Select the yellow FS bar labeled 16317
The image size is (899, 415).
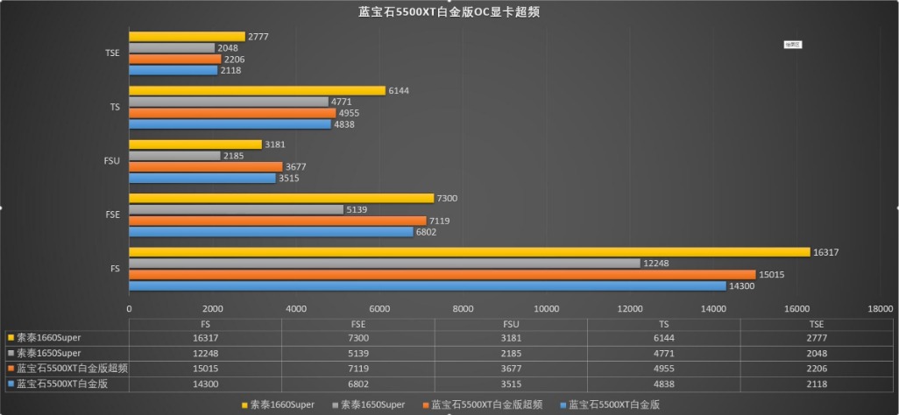(469, 252)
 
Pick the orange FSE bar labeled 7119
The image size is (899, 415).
(277, 221)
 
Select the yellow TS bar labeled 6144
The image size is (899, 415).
(257, 90)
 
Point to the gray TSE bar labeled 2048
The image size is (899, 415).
(172, 47)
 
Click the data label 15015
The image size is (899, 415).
(771, 274)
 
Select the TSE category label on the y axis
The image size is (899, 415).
(113, 53)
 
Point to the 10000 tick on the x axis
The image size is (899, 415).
(547, 308)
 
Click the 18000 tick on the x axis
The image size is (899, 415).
(880, 308)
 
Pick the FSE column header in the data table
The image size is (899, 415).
(357, 323)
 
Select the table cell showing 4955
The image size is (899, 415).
(663, 369)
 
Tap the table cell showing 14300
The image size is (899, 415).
(204, 383)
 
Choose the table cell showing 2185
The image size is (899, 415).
(510, 352)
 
